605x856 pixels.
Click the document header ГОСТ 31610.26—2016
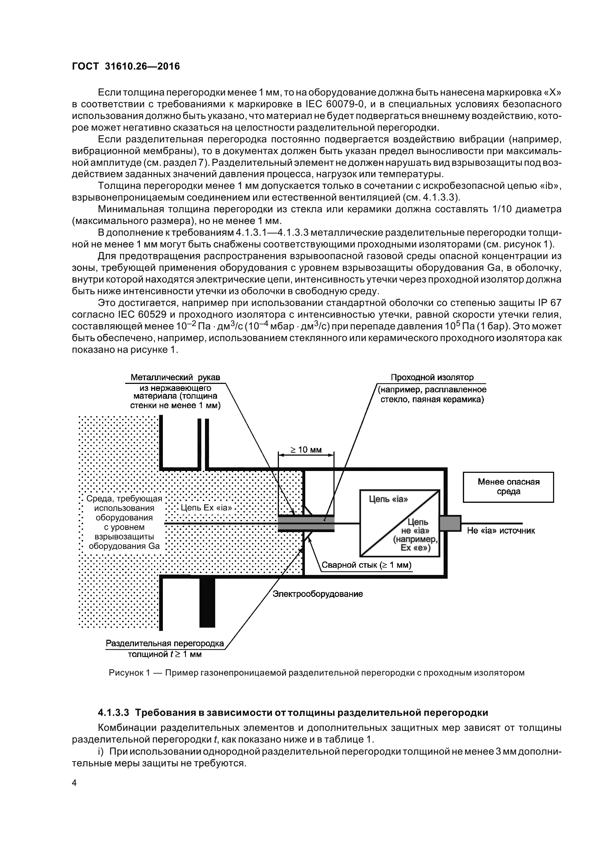point(126,66)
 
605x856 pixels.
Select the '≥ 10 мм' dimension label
point(306,450)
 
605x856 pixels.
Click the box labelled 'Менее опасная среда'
point(508,487)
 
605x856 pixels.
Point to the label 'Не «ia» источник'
point(501,531)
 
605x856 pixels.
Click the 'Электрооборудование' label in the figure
point(318,594)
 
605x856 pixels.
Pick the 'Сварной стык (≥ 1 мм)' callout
point(366,565)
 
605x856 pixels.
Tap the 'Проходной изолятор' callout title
point(432,377)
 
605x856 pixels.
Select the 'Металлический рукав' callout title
point(175,377)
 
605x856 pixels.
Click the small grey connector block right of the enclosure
point(450,523)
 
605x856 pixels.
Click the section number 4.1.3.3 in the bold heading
point(113,713)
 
